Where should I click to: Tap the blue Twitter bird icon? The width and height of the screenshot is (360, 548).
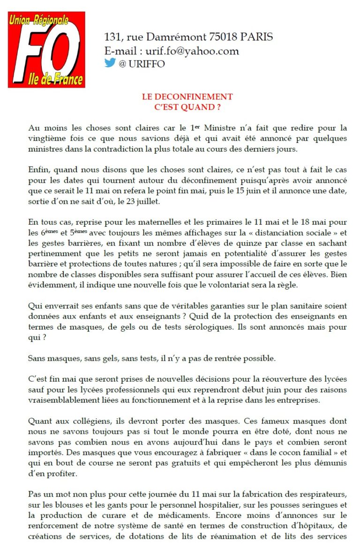[x=110, y=63]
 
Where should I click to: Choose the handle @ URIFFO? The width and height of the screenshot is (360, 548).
[x=142, y=64]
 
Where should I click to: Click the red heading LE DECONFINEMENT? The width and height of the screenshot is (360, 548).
[x=187, y=97]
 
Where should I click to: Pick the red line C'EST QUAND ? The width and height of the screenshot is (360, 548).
[x=187, y=106]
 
